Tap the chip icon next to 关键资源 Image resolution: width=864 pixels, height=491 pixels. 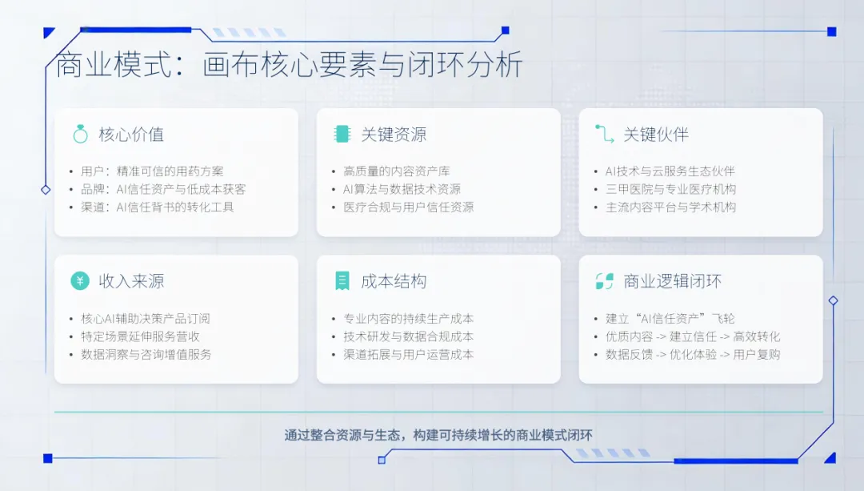[x=342, y=134]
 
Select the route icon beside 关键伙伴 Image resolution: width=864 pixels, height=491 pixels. [x=605, y=134]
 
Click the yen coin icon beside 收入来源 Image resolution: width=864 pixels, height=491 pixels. [x=81, y=281]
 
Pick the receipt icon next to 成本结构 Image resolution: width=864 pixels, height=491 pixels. [x=342, y=281]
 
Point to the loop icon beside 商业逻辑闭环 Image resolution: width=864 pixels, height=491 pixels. [x=605, y=281]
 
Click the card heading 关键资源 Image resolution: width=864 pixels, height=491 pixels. [x=394, y=134]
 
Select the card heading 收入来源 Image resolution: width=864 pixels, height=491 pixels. [x=131, y=281]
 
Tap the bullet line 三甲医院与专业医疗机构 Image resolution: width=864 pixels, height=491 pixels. [x=670, y=189]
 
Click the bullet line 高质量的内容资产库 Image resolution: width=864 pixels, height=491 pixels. [x=397, y=171]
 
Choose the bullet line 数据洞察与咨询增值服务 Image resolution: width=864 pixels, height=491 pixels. [x=146, y=354]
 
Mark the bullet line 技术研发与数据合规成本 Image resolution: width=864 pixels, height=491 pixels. [x=408, y=336]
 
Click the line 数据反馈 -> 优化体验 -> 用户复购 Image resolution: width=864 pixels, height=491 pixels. [x=693, y=354]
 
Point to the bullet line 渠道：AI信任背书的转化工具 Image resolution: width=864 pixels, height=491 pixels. [x=158, y=207]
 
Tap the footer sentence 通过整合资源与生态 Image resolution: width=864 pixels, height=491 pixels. [x=342, y=435]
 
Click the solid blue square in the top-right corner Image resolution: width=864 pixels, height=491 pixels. [x=832, y=32]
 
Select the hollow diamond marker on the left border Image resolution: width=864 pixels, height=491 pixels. [x=46, y=190]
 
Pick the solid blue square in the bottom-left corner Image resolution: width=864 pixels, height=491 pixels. [x=48, y=458]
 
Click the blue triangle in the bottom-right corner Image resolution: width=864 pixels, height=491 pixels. [x=831, y=458]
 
